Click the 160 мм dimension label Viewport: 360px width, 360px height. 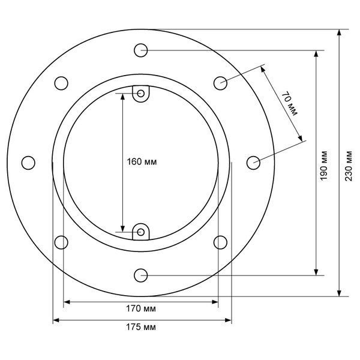(142, 162)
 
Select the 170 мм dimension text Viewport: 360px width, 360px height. (141, 308)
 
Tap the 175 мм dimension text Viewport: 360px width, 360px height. (141, 327)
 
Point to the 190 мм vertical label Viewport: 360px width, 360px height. (324, 166)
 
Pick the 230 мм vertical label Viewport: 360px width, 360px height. (348, 166)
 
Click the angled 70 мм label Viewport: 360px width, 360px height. (290, 103)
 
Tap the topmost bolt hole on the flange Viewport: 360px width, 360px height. (141, 50)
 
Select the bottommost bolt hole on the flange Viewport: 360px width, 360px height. (141, 275)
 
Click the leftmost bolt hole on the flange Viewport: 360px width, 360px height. (28, 163)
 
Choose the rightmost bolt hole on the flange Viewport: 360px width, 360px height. (253, 163)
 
